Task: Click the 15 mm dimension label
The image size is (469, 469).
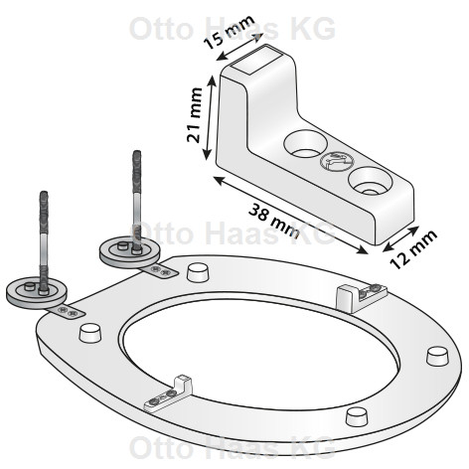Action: (x=229, y=32)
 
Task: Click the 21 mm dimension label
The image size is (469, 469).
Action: (x=195, y=115)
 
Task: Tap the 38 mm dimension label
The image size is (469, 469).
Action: (x=274, y=221)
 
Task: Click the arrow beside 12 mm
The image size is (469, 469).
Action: (x=400, y=238)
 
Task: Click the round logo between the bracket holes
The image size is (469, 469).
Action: (x=337, y=161)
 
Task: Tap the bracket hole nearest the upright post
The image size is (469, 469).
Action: (x=305, y=144)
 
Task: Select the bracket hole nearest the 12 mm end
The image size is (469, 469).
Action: (x=370, y=182)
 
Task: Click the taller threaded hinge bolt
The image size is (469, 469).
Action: (x=136, y=202)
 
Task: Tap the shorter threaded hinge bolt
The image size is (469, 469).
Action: (x=44, y=242)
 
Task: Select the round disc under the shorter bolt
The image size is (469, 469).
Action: (x=37, y=292)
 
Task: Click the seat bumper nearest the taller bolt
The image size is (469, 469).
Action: (x=199, y=272)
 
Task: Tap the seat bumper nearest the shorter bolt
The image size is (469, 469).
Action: (x=89, y=333)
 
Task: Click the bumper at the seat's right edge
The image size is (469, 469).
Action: (x=437, y=356)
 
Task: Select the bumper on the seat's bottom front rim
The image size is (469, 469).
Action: (x=357, y=416)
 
